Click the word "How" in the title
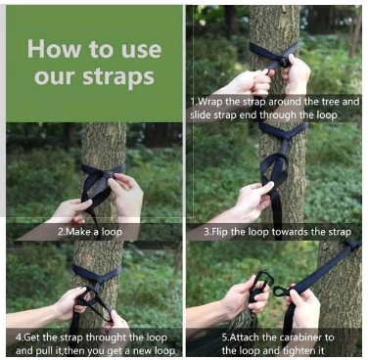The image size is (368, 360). coord(55,49)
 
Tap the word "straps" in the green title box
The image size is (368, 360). coord(118,77)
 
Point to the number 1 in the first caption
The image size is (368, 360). coord(192,102)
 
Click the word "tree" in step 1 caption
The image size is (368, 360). coord(328,102)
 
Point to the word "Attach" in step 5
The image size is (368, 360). coord(242,337)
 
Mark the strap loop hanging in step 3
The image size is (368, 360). coord(275,170)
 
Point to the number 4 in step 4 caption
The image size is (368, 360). coord(18,337)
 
